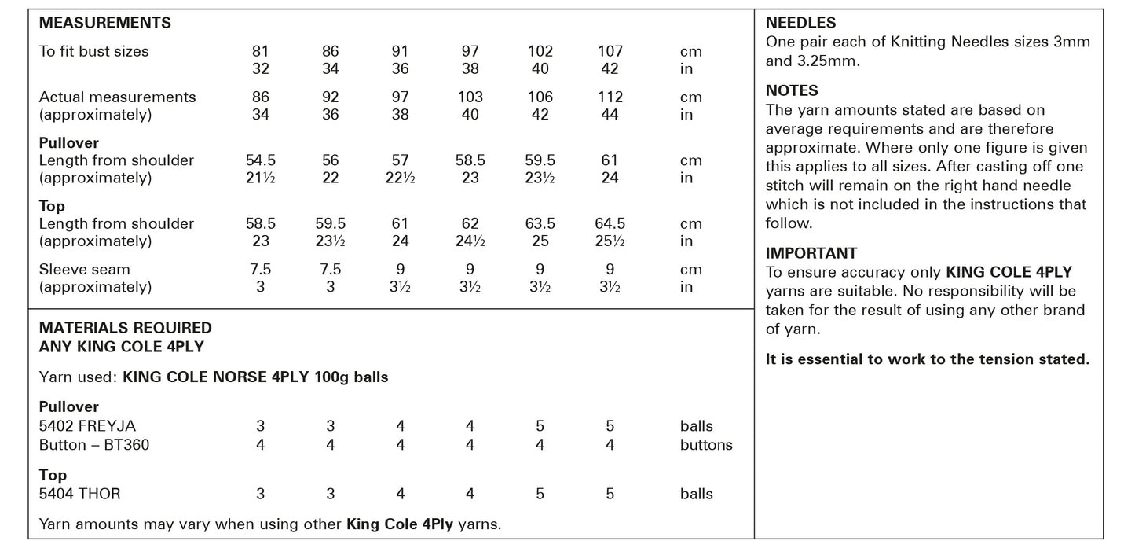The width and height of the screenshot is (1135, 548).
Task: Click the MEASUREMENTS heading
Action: click(105, 24)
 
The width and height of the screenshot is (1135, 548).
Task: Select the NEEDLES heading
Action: click(800, 24)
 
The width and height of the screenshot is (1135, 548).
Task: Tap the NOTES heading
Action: click(792, 91)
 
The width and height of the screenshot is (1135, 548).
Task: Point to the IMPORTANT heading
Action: click(811, 254)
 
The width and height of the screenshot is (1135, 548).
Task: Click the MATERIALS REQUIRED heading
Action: click(126, 328)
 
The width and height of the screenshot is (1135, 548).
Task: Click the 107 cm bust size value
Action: click(610, 52)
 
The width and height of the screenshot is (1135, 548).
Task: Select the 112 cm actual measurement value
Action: click(610, 97)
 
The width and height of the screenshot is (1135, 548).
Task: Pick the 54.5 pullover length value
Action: click(261, 160)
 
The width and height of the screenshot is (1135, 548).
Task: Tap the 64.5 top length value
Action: click(610, 224)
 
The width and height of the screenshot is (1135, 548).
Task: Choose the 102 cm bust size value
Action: click(540, 52)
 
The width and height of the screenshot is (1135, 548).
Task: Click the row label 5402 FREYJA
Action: click(87, 426)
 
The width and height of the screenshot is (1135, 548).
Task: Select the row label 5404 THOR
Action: click(80, 495)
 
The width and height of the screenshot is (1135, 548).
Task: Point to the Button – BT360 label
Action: click(94, 445)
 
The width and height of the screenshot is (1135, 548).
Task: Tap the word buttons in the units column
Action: click(706, 445)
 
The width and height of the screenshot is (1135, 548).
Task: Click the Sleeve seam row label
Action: click(85, 270)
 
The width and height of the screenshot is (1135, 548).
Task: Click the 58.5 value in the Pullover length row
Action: click(470, 160)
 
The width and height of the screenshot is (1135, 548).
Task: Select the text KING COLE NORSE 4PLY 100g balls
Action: click(255, 377)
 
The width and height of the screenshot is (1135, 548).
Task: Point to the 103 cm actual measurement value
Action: click(470, 97)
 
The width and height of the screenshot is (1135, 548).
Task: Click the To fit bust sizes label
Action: click(94, 52)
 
